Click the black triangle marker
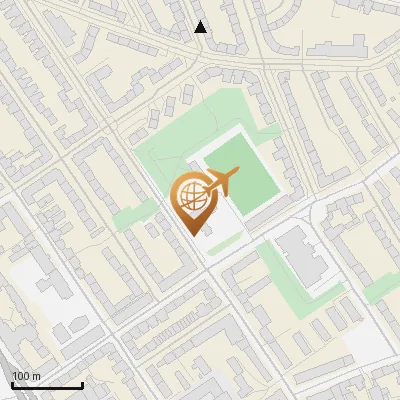click(x=200, y=27)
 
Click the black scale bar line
click(x=47, y=385)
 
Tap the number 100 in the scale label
click(x=21, y=376)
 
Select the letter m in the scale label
click(x=36, y=376)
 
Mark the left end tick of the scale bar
click(x=12, y=383)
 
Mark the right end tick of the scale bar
click(x=82, y=383)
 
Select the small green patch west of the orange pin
click(x=136, y=214)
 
